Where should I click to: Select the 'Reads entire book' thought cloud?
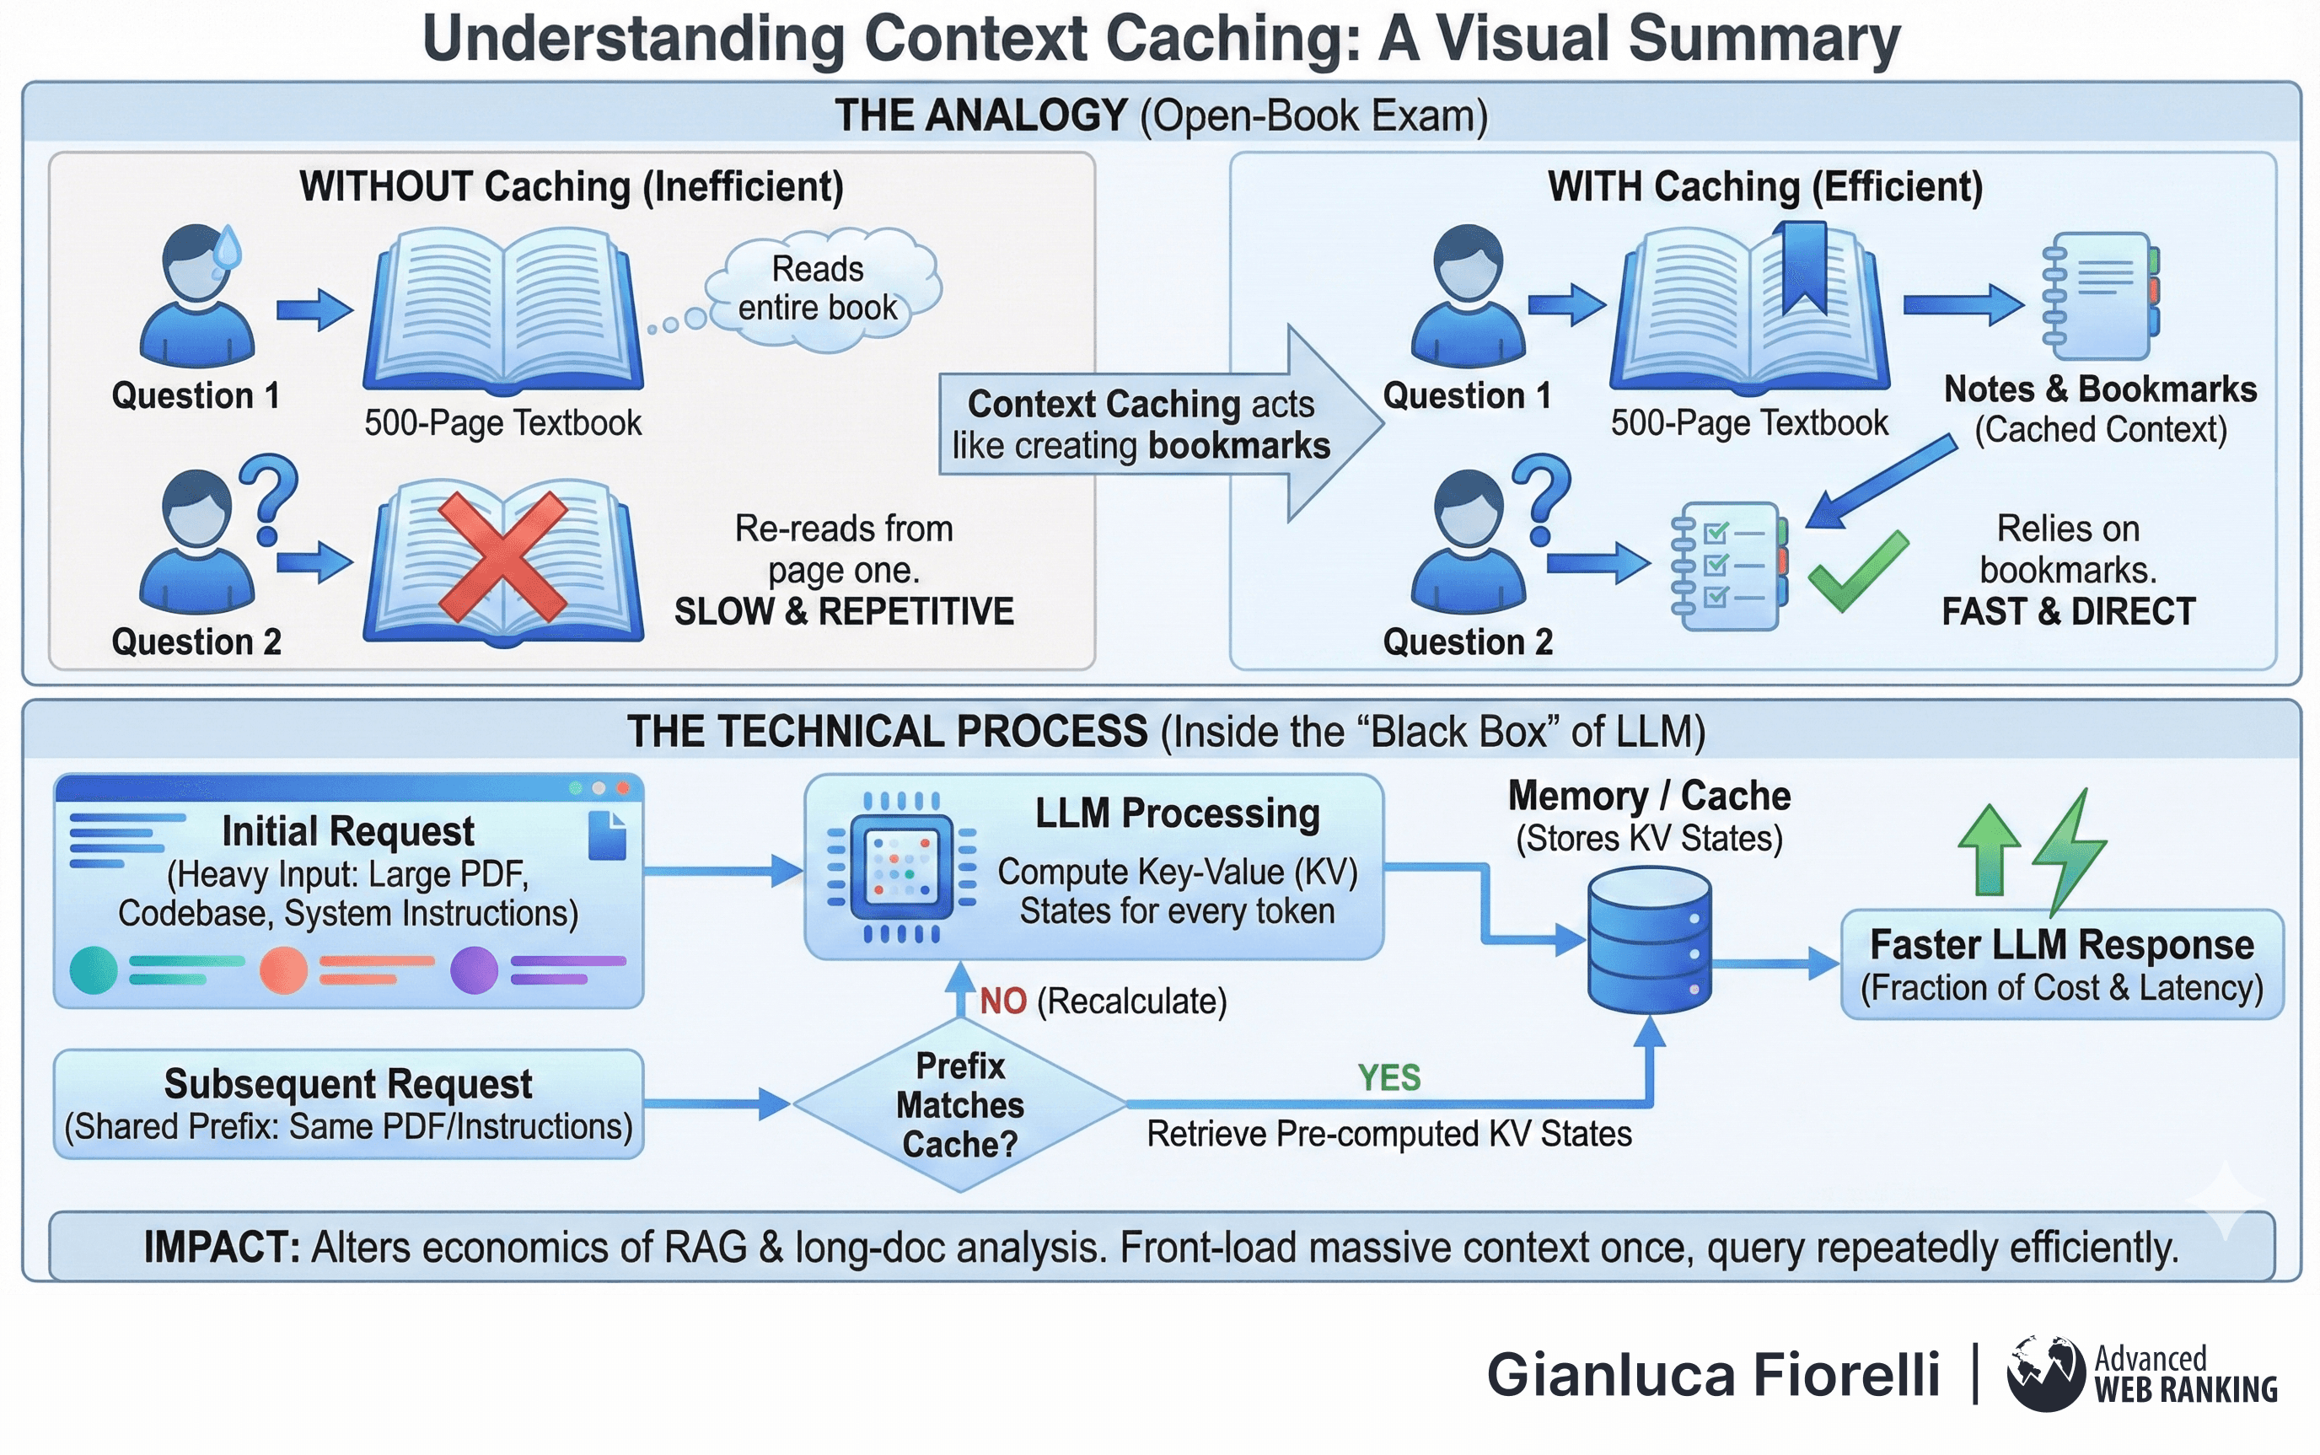(821, 287)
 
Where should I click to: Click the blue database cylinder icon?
(1649, 939)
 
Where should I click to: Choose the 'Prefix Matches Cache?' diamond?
(959, 1104)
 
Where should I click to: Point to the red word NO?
(1002, 1001)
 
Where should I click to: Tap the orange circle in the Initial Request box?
(284, 969)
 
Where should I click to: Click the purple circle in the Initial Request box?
(474, 969)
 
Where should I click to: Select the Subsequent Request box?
(348, 1103)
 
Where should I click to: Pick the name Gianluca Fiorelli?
(1713, 1373)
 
